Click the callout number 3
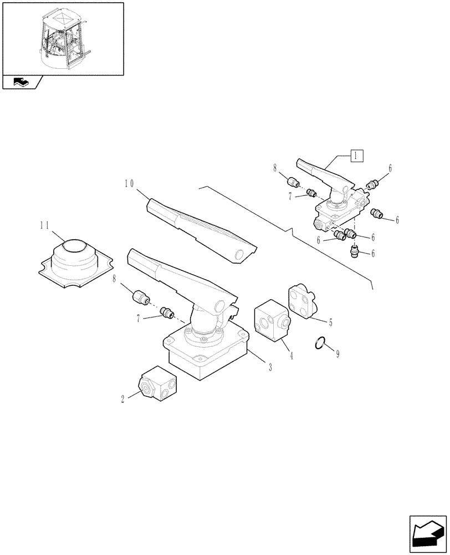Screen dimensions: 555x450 point(269,366)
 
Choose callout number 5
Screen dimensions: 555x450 point(330,322)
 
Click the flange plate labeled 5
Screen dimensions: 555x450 point(301,301)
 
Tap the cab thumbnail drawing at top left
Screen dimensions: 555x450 point(63,38)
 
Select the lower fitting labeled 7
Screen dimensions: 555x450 point(165,315)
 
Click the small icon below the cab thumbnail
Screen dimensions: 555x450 point(21,83)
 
